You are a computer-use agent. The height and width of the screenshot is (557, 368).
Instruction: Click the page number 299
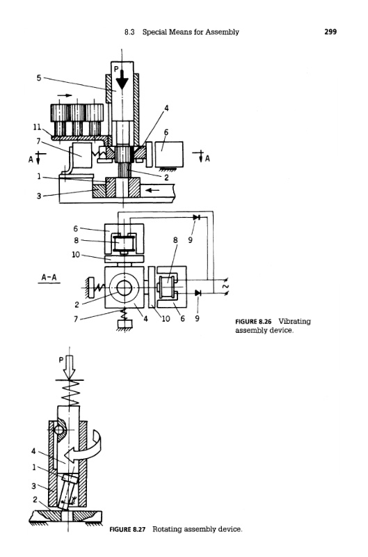coord(330,31)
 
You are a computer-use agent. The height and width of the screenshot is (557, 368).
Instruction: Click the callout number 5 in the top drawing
coord(39,77)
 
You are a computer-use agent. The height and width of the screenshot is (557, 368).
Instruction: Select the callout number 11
coord(37,127)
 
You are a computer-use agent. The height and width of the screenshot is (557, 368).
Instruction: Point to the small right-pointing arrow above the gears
coord(64,95)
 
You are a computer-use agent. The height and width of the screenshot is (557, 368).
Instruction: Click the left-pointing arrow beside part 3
coord(152,189)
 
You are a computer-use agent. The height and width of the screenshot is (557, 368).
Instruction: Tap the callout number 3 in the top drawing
coord(39,196)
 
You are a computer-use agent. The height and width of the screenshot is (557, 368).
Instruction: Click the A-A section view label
coord(49,277)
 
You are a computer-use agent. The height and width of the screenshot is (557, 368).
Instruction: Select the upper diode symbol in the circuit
coord(196,217)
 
